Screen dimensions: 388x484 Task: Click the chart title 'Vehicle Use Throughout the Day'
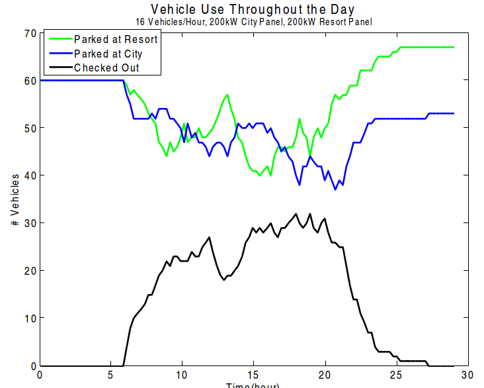tap(253, 9)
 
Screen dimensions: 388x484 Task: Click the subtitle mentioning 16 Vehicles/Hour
tap(253, 22)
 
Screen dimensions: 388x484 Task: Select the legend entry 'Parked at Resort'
tap(116, 39)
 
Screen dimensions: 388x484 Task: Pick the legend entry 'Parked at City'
tap(108, 54)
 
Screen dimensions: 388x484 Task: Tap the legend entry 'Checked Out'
tap(106, 68)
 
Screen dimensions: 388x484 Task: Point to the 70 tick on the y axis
tap(28, 33)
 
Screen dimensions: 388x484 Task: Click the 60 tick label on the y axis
tap(28, 80)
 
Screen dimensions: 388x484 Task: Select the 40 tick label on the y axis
tap(28, 175)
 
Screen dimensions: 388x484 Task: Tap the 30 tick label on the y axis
tap(28, 223)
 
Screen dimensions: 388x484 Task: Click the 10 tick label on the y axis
tap(28, 318)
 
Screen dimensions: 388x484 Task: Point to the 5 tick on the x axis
tap(111, 375)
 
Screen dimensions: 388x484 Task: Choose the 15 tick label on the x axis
tap(253, 375)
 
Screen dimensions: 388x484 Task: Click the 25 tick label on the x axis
tap(396, 375)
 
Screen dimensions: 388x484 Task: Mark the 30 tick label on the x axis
tap(467, 375)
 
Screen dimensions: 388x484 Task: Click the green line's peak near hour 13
tap(227, 95)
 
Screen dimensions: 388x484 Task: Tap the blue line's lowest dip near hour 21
tap(336, 189)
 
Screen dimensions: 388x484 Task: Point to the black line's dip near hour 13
tap(223, 279)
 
